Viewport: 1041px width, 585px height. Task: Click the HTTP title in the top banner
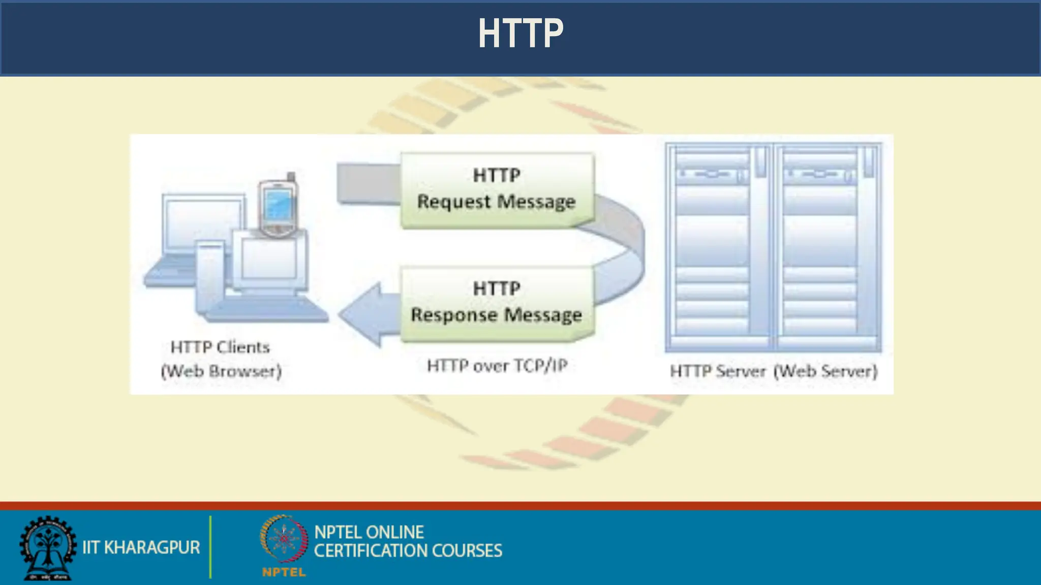pyautogui.click(x=520, y=34)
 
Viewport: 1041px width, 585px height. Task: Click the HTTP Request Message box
pyautogui.click(x=497, y=189)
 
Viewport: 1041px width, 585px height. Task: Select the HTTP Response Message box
pyautogui.click(x=497, y=303)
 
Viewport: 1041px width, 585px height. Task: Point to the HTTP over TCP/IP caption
pyautogui.click(x=497, y=366)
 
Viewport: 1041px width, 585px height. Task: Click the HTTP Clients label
pyautogui.click(x=220, y=347)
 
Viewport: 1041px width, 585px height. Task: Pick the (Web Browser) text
pyautogui.click(x=221, y=371)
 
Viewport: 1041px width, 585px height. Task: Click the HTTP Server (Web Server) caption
pyautogui.click(x=774, y=371)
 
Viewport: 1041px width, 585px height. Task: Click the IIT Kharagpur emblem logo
pyautogui.click(x=47, y=547)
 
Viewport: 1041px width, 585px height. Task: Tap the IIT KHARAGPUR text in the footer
pyautogui.click(x=141, y=547)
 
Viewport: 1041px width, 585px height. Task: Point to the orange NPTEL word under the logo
pyautogui.click(x=284, y=572)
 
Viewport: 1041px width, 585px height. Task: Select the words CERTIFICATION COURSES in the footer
pyautogui.click(x=408, y=551)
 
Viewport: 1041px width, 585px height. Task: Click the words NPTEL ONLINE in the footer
pyautogui.click(x=369, y=532)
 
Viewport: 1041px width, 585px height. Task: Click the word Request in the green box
pyautogui.click(x=453, y=202)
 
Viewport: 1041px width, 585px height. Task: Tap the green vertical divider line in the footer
pyautogui.click(x=210, y=547)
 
